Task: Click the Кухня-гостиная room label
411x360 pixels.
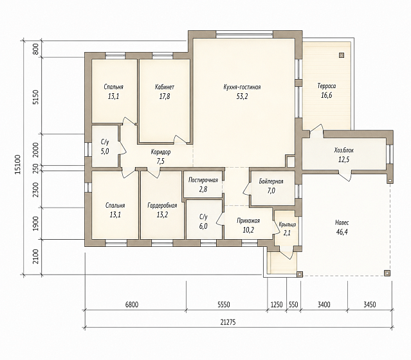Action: (242, 87)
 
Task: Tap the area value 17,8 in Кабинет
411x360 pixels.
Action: (165, 96)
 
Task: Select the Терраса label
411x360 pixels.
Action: (327, 86)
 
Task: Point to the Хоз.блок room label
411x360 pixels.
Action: (344, 150)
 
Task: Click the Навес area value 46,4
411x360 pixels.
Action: (342, 232)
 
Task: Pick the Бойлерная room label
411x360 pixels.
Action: (271, 181)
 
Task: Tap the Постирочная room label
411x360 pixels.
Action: (203, 180)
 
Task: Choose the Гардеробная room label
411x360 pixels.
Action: (162, 206)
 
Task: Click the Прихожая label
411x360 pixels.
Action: (248, 221)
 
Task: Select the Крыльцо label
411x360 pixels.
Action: (288, 224)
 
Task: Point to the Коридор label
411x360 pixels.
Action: (161, 152)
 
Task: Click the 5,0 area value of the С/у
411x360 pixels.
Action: (105, 152)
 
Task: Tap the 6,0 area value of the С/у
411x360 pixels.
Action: (203, 226)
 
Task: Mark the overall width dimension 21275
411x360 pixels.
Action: (228, 322)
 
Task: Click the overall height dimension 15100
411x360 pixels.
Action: (17, 165)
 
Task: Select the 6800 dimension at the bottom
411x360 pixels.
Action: (132, 305)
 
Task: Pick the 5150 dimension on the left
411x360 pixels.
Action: (36, 97)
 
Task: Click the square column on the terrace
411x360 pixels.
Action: (342, 55)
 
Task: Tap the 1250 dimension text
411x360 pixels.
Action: (277, 305)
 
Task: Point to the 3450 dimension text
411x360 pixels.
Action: (370, 305)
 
